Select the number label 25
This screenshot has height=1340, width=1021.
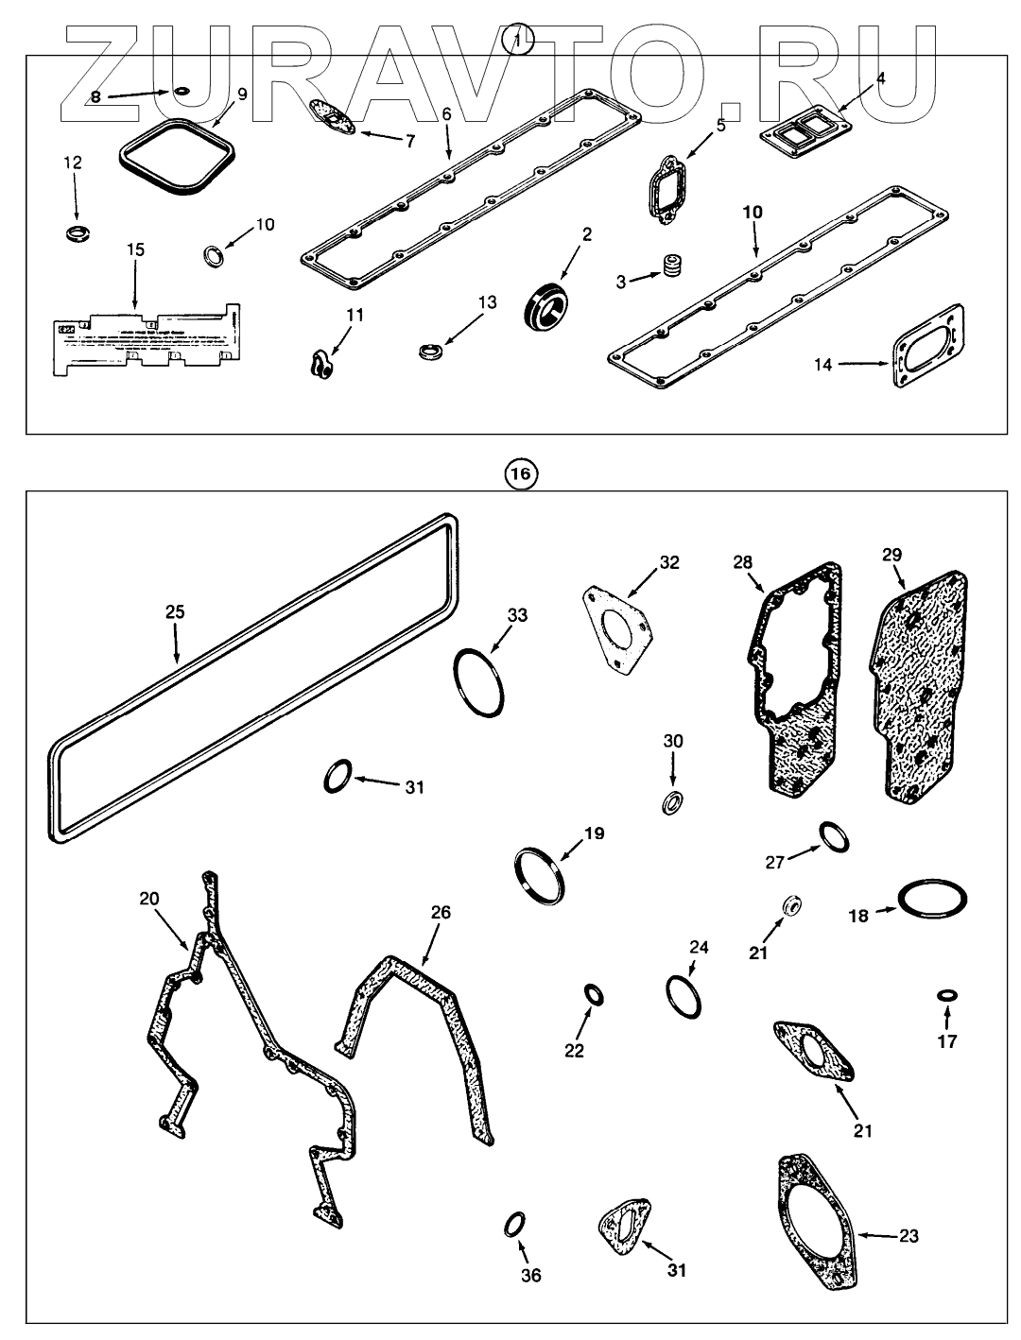(x=174, y=612)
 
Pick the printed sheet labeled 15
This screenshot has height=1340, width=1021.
(x=142, y=338)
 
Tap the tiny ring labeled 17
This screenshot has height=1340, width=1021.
(x=946, y=995)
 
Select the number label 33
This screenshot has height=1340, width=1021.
(x=517, y=615)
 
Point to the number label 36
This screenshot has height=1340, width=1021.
(x=531, y=1276)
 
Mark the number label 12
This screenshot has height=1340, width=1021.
(x=73, y=163)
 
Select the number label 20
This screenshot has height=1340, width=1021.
(x=149, y=899)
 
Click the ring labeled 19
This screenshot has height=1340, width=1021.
(x=540, y=875)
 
